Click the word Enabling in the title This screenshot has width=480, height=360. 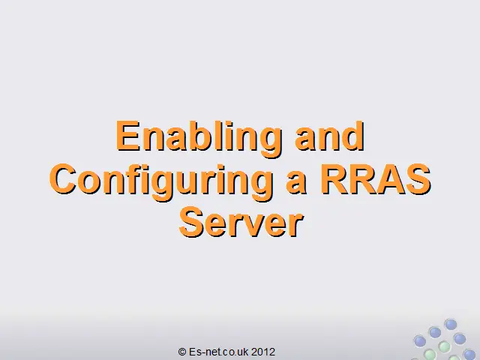pyautogui.click(x=198, y=139)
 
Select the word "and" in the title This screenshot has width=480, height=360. pyautogui.click(x=330, y=136)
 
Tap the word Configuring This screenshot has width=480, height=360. pyautogui.click(x=162, y=182)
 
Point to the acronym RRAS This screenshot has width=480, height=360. pyautogui.click(x=375, y=179)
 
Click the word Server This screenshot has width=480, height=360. pyautogui.click(x=241, y=222)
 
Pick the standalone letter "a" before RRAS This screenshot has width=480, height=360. pyautogui.click(x=296, y=183)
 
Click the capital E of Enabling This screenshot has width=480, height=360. pyautogui.click(x=128, y=136)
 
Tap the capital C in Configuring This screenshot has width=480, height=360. pyautogui.click(x=62, y=179)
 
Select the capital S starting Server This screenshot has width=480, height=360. pyautogui.click(x=191, y=222)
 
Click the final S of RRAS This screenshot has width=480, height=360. pyautogui.click(x=418, y=179)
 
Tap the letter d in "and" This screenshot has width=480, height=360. pyautogui.click(x=353, y=136)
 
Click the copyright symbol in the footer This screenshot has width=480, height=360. pyautogui.click(x=182, y=352)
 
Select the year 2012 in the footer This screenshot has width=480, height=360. pyautogui.click(x=263, y=352)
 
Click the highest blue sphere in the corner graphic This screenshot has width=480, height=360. pyautogui.click(x=450, y=325)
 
